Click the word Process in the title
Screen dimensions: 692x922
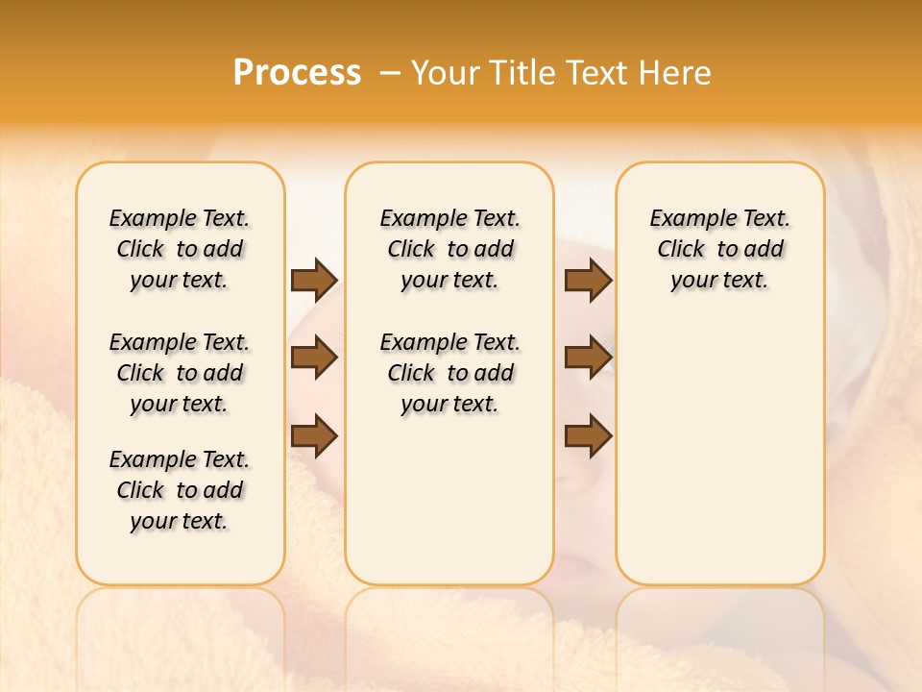[297, 73]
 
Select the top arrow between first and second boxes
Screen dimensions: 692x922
[314, 280]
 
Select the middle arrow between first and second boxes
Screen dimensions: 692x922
[314, 358]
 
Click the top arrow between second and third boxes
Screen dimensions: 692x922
[588, 280]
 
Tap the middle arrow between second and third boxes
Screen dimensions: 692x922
[588, 358]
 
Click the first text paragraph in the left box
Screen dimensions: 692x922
[180, 249]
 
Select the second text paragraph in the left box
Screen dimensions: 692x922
[180, 373]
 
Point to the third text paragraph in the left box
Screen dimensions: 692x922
[180, 490]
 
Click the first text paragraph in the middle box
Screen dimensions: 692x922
[450, 249]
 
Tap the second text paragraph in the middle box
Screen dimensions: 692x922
[450, 373]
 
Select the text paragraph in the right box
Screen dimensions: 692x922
[720, 249]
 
